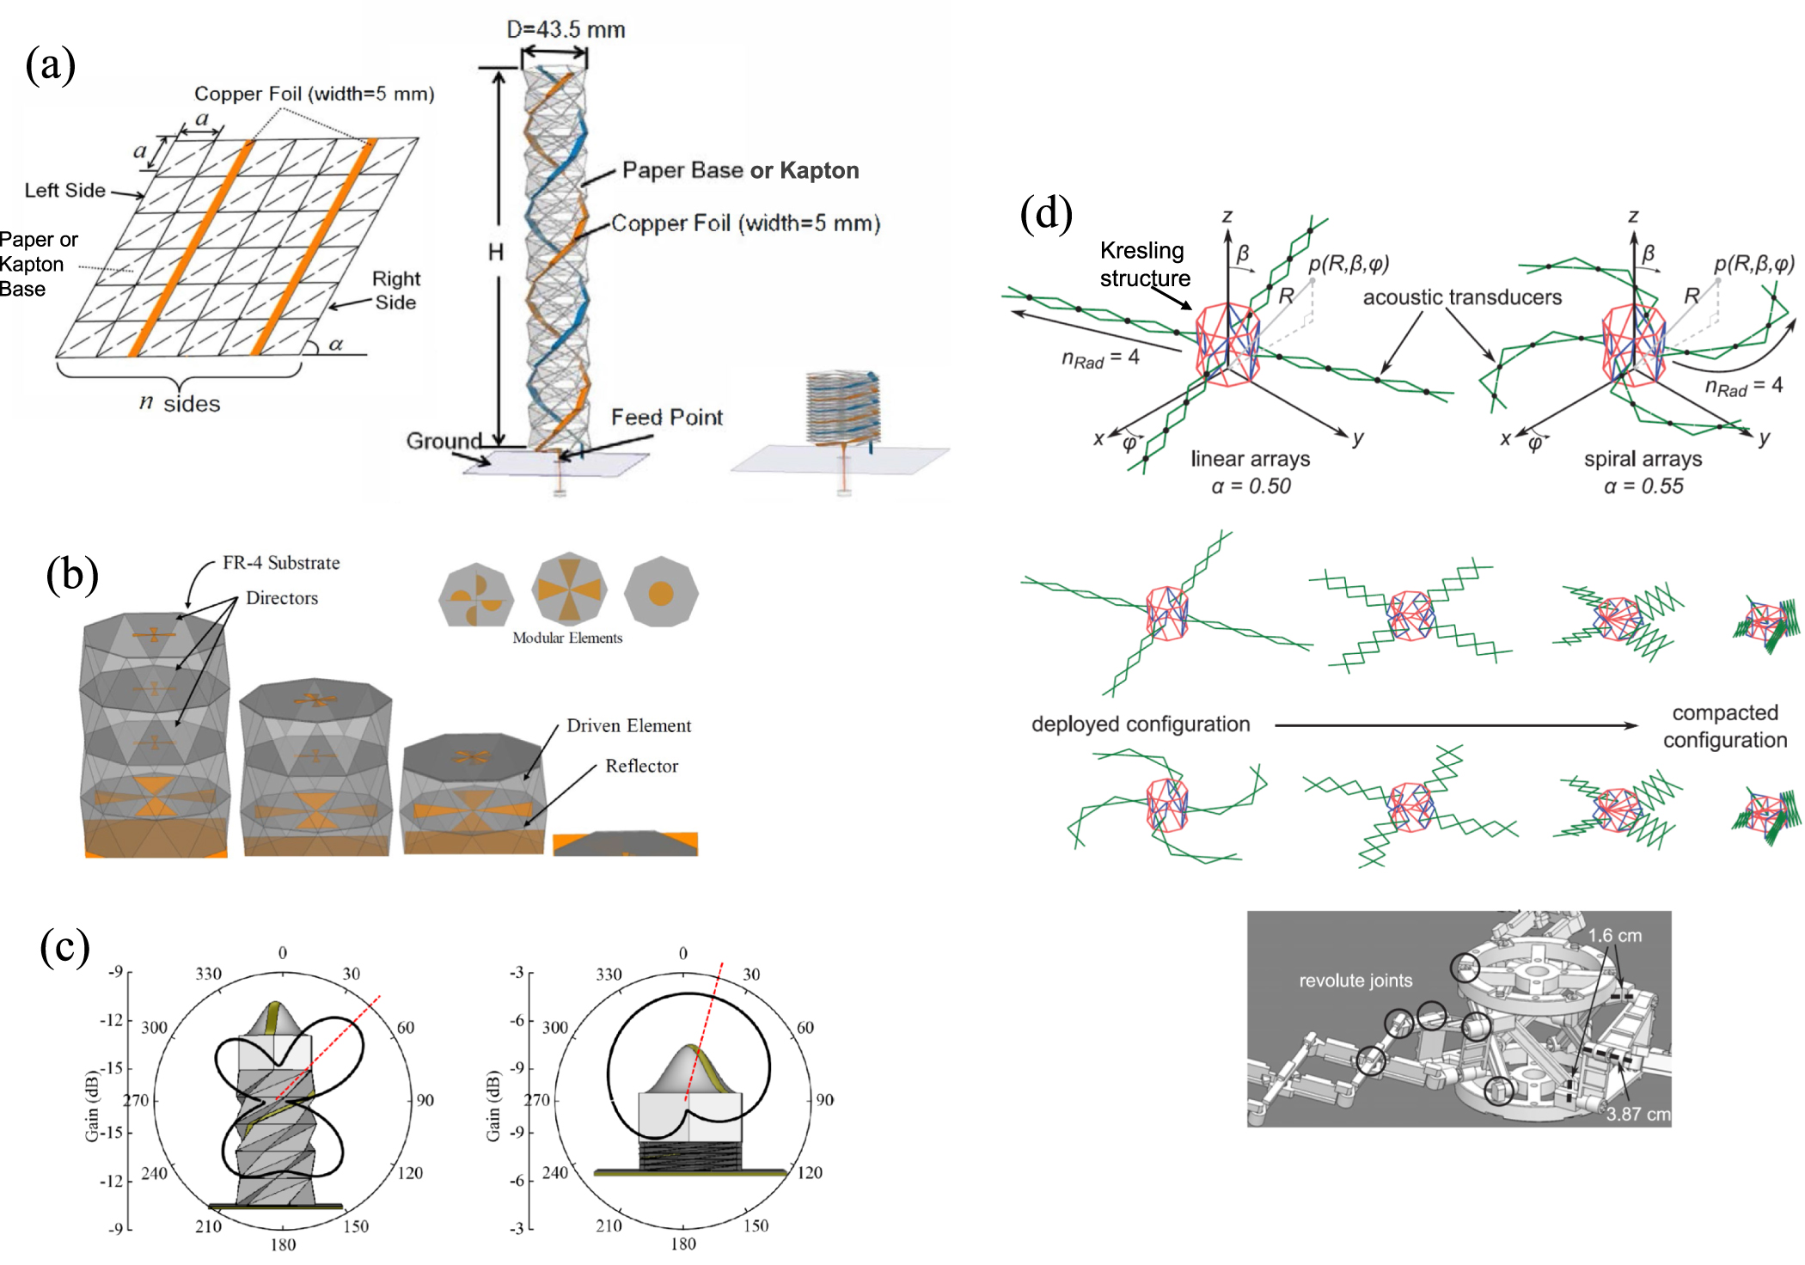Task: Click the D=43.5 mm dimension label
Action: pyautogui.click(x=565, y=29)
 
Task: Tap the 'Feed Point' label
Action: pyautogui.click(x=666, y=418)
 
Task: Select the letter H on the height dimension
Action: pyautogui.click(x=496, y=252)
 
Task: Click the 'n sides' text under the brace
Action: pyautogui.click(x=180, y=404)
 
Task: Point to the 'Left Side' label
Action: pyautogui.click(x=64, y=190)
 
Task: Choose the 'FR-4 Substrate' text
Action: pyautogui.click(x=281, y=563)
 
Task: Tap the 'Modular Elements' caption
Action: pyautogui.click(x=567, y=638)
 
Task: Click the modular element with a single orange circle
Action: pyautogui.click(x=660, y=593)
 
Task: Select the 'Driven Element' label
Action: pyautogui.click(x=628, y=726)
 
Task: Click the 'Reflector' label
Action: pyautogui.click(x=641, y=766)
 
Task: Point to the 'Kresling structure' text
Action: pyautogui.click(x=1144, y=264)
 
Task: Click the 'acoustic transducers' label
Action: pyautogui.click(x=1462, y=297)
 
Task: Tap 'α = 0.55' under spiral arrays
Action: pyautogui.click(x=1643, y=486)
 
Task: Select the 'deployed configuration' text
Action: pyautogui.click(x=1141, y=724)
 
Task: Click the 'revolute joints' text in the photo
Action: pyautogui.click(x=1355, y=981)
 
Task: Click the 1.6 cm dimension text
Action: pyautogui.click(x=1614, y=936)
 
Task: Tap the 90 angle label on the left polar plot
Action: pyautogui.click(x=425, y=1101)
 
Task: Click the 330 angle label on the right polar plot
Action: pyautogui.click(x=609, y=975)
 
